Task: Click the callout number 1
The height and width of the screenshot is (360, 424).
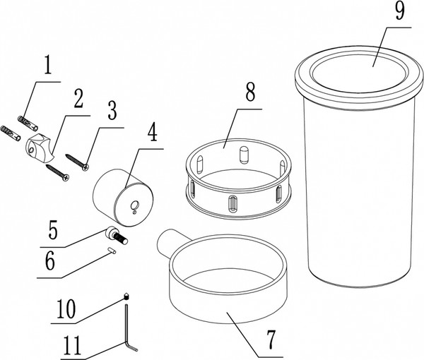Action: click(47, 64)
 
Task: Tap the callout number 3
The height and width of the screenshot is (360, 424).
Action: click(112, 110)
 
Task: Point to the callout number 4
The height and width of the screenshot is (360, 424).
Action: click(153, 132)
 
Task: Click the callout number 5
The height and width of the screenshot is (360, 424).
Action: click(53, 230)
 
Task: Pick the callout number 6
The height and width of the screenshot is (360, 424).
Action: click(50, 260)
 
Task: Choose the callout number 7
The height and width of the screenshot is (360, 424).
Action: click(271, 340)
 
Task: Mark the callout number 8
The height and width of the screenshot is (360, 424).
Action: click(250, 92)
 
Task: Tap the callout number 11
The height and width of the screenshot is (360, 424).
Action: click(72, 345)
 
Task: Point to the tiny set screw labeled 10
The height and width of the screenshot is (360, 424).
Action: click(126, 296)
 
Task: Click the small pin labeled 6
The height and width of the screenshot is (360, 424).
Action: click(112, 251)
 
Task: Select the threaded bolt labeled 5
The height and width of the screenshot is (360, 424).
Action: click(117, 235)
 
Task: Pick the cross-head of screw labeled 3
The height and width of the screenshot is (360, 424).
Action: click(86, 167)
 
